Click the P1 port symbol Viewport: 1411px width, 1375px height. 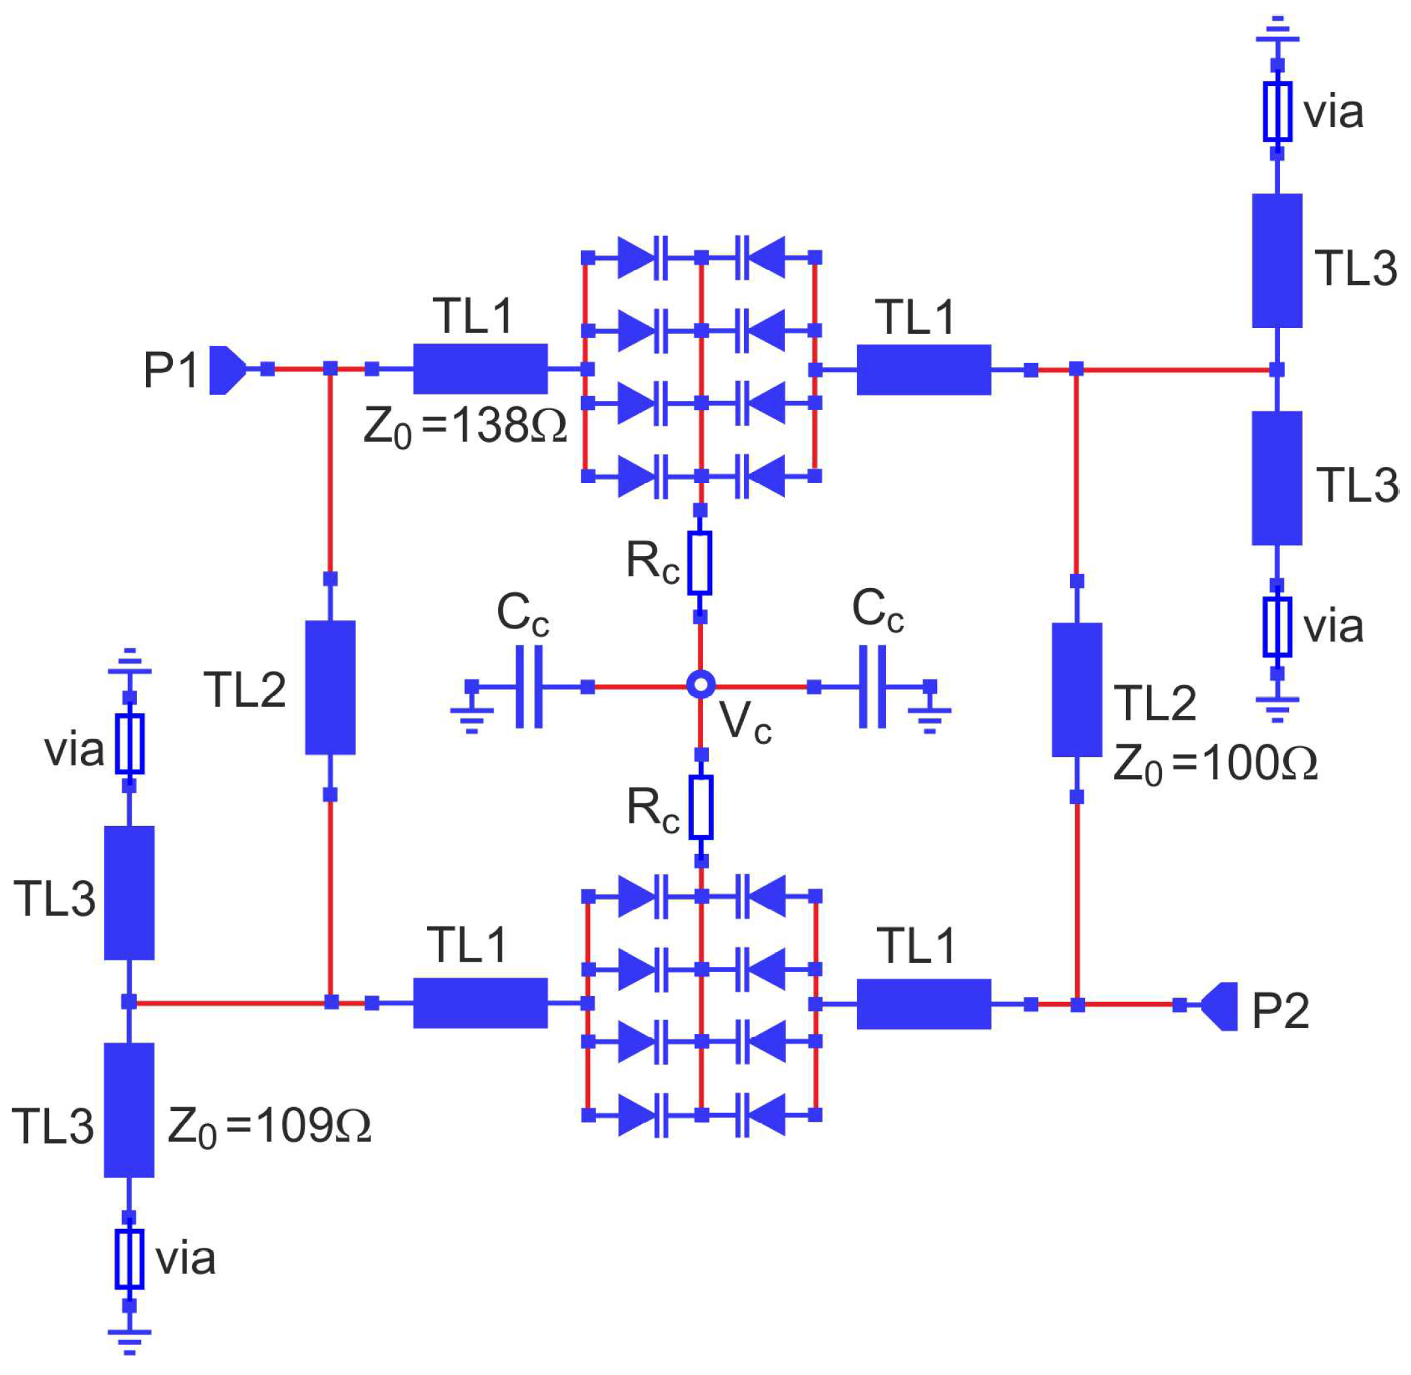tap(226, 370)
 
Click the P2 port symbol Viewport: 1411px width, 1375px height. tap(1220, 1005)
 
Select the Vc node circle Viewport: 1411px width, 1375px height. tap(700, 685)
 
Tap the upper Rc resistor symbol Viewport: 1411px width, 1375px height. tap(700, 563)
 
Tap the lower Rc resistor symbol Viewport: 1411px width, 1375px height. tap(700, 807)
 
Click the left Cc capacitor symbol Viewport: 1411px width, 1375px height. tap(529, 686)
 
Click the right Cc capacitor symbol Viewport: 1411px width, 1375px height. tap(872, 686)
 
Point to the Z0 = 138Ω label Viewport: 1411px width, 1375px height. tap(464, 427)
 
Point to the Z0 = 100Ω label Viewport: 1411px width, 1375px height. tap(1215, 764)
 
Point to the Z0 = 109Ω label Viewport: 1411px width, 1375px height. tap(269, 1125)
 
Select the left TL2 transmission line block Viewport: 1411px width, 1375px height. tap(330, 687)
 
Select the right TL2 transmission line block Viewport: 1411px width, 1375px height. tap(1077, 690)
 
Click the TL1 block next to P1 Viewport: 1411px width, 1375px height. tap(480, 369)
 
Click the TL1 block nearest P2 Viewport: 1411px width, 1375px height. tap(923, 1004)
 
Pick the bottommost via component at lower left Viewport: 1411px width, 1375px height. tap(129, 1260)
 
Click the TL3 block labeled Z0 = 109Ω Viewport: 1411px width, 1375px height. tap(129, 1110)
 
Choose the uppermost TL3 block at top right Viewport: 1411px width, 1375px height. tap(1277, 260)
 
